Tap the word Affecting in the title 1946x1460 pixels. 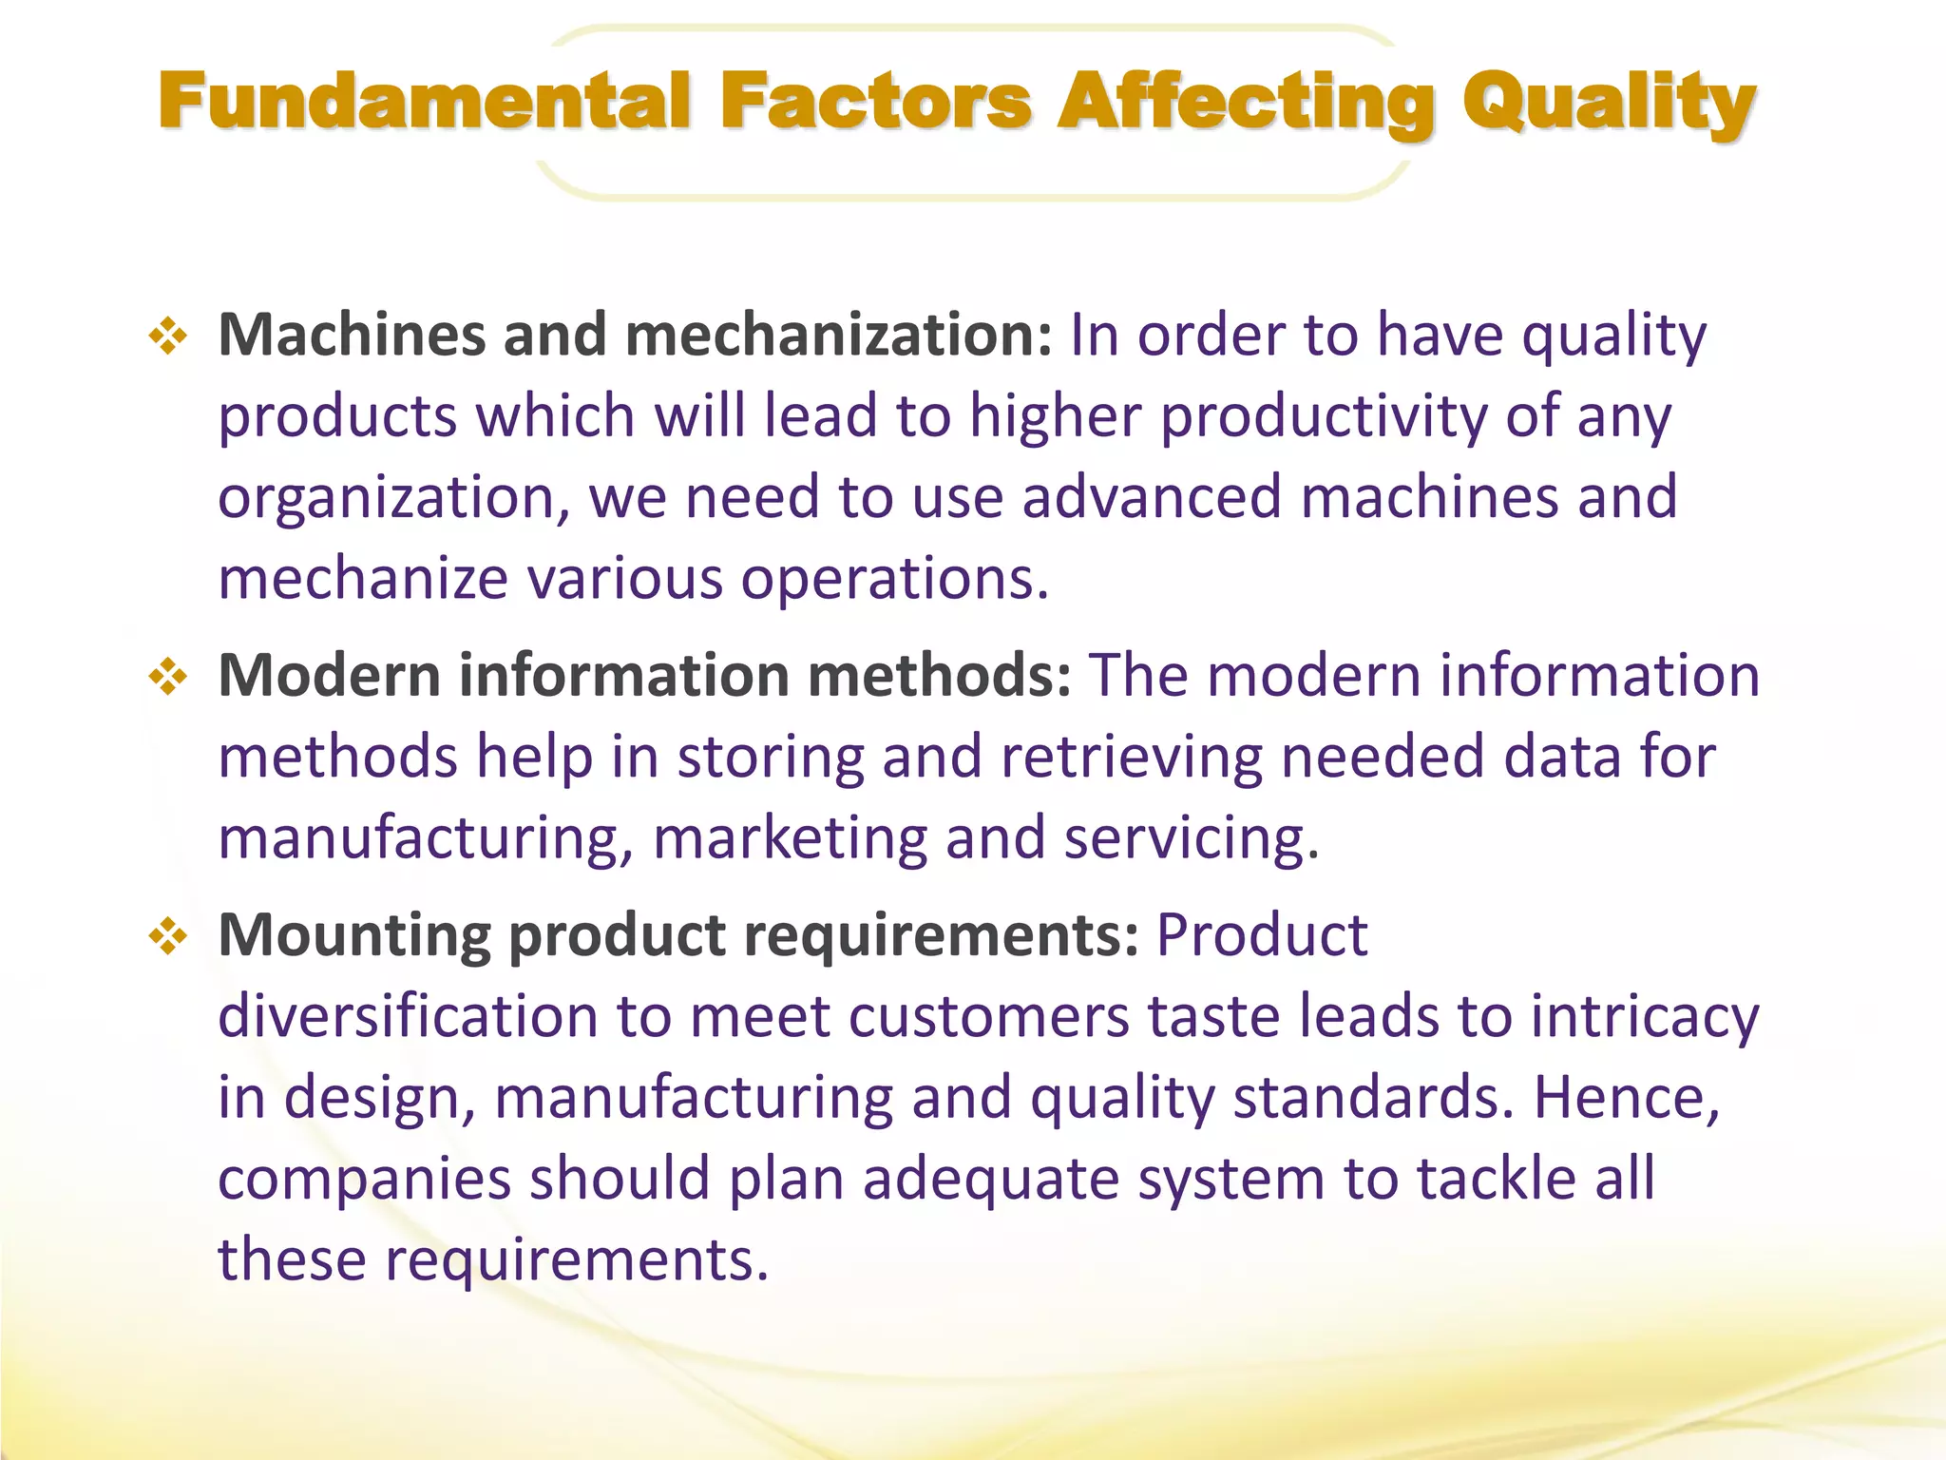[1246, 102]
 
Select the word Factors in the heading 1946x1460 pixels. [875, 102]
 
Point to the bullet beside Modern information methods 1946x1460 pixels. [168, 677]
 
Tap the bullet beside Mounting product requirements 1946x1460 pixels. [168, 936]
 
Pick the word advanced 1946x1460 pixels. [1151, 498]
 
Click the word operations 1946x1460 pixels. [894, 580]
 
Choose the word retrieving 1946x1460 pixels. [1132, 758]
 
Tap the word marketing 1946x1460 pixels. [790, 839]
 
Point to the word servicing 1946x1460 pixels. [1192, 839]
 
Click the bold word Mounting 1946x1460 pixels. [354, 936]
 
